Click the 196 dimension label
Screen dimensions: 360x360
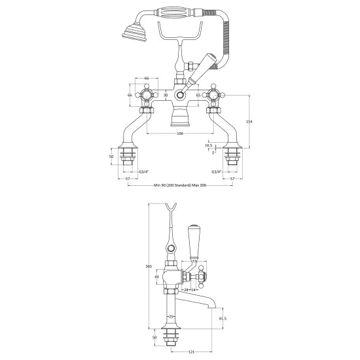[x=180, y=133]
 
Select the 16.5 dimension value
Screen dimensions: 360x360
[x=208, y=146]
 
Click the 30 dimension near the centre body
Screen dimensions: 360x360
[x=166, y=96]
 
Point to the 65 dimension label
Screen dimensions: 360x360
[x=198, y=96]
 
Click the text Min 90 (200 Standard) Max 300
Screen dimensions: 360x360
[x=179, y=187]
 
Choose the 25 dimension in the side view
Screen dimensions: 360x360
[x=171, y=317]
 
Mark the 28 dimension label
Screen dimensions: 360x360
[x=186, y=288]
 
